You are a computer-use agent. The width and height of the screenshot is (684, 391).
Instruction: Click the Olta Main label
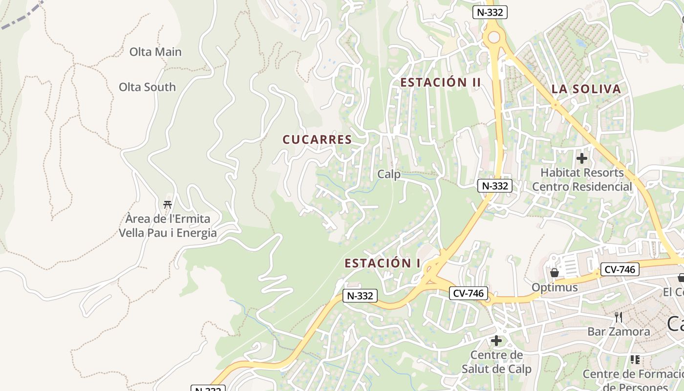click(155, 52)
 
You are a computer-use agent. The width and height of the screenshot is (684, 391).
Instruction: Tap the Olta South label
click(147, 87)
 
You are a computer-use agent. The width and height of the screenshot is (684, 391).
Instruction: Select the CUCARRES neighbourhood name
click(317, 139)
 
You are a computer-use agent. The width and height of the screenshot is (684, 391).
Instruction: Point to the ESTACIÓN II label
click(441, 82)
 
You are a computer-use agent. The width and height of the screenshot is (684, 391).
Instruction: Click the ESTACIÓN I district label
click(383, 263)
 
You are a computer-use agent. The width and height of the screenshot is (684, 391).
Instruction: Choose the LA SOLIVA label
click(586, 89)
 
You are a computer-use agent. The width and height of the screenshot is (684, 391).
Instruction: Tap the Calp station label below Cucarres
click(389, 174)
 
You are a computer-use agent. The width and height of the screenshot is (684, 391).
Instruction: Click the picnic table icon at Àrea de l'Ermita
click(168, 204)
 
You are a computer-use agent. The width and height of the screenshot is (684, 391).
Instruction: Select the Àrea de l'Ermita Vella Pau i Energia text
click(168, 226)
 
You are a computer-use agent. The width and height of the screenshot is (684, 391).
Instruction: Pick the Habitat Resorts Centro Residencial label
click(582, 179)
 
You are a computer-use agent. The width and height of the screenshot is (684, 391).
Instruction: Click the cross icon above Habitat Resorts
click(581, 158)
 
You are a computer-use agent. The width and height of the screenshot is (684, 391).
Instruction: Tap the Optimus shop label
click(555, 287)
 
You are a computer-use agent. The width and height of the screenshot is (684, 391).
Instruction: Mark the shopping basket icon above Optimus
click(554, 272)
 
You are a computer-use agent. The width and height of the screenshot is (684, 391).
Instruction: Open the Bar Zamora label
click(619, 331)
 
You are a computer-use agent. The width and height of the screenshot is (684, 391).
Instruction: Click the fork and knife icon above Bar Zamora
click(619, 317)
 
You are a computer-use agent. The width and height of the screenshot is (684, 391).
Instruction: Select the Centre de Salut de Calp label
click(496, 362)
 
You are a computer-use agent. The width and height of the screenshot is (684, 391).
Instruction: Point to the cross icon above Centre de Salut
click(496, 341)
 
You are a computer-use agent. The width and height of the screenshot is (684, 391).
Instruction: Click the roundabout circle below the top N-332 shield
click(494, 37)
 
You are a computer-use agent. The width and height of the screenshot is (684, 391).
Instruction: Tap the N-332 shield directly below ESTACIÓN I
click(361, 296)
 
